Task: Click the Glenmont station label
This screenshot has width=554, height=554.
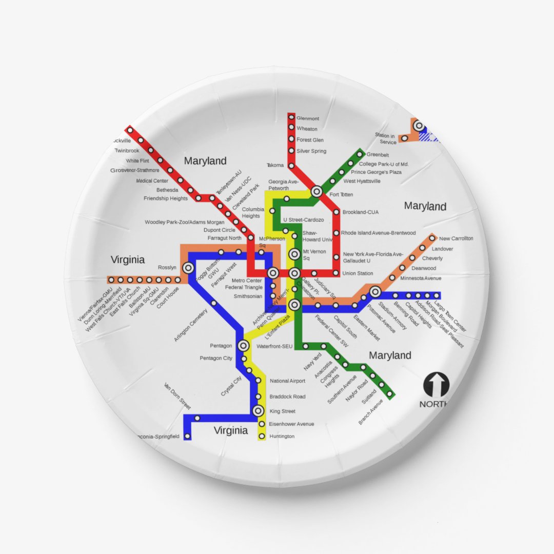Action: (308, 118)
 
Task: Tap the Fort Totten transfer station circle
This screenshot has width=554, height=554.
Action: (316, 191)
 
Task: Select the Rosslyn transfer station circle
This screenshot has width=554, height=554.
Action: (188, 267)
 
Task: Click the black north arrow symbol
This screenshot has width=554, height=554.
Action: (436, 385)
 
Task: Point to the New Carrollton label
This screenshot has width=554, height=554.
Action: (456, 239)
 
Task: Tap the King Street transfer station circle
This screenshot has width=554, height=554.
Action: (258, 410)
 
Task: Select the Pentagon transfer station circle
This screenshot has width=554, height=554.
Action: (243, 346)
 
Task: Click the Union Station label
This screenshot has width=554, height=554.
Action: (358, 273)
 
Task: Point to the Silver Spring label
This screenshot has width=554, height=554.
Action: (311, 151)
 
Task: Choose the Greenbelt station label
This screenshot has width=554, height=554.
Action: (378, 155)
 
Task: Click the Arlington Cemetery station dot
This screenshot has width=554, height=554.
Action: (214, 303)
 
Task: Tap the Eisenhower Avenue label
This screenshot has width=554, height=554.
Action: (292, 424)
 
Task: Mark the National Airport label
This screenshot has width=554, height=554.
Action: (287, 381)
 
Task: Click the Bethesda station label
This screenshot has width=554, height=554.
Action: (167, 190)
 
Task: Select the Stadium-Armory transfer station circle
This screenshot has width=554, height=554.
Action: (375, 292)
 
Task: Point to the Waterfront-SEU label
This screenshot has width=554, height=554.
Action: (274, 347)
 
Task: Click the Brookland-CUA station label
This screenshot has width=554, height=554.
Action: (360, 212)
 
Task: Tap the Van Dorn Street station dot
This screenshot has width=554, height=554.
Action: (197, 418)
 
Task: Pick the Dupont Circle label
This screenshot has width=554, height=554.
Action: (219, 230)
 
